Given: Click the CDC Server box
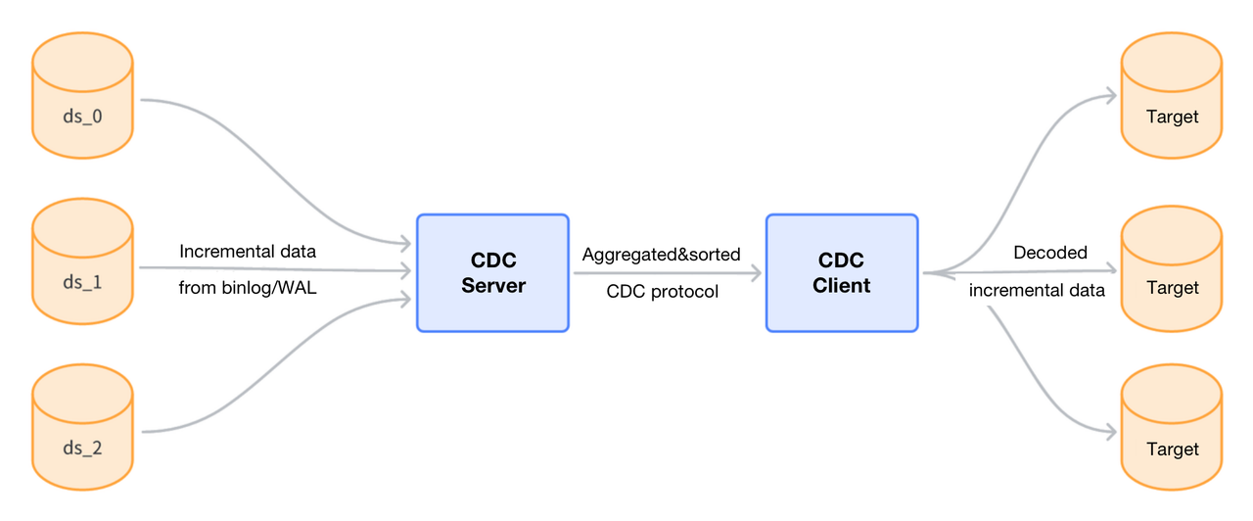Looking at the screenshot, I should tap(492, 273).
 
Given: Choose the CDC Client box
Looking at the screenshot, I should tap(842, 273).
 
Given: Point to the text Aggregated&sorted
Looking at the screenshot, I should tap(661, 255).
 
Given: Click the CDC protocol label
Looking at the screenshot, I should tap(663, 292).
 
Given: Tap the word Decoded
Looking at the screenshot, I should tap(1050, 253).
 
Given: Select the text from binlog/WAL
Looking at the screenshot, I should tap(248, 288).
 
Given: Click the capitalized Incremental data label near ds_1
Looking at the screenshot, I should tap(248, 252).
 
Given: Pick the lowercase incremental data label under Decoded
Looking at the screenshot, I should tap(1037, 290).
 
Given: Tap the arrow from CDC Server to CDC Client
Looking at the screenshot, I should tap(666, 274).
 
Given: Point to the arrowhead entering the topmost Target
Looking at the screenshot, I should tap(1110, 95).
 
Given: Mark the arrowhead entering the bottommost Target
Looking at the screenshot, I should tap(1110, 431).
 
